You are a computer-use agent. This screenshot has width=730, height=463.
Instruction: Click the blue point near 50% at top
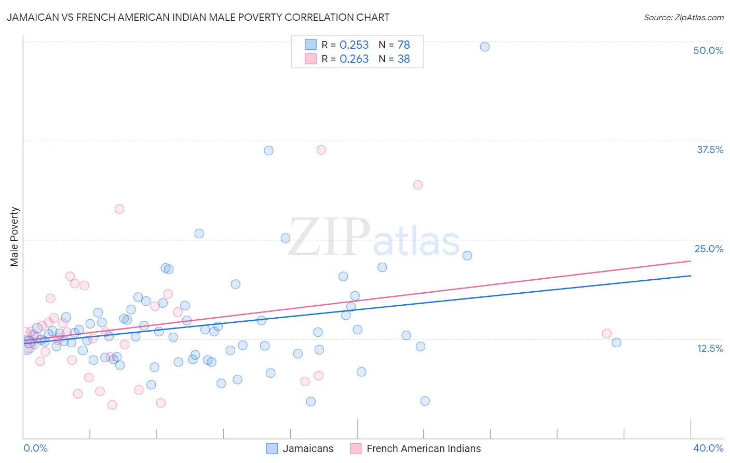pyautogui.click(x=484, y=47)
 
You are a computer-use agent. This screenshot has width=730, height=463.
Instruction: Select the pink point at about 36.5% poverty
pyautogui.click(x=321, y=150)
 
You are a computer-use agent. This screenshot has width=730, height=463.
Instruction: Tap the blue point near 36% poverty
pyautogui.click(x=268, y=151)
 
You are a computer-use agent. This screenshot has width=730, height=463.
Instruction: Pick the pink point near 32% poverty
pyautogui.click(x=418, y=185)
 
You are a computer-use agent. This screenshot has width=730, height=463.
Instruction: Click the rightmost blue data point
pyautogui.click(x=616, y=343)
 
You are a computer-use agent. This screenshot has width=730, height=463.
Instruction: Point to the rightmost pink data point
pyautogui.click(x=606, y=334)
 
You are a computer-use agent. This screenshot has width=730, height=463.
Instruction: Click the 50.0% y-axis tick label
pyautogui.click(x=708, y=50)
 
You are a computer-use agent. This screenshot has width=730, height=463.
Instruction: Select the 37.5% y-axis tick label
pyautogui.click(x=709, y=149)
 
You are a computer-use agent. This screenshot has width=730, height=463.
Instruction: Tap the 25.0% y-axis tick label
pyautogui.click(x=708, y=249)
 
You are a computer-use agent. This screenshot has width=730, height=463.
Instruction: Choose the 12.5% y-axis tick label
pyautogui.click(x=709, y=348)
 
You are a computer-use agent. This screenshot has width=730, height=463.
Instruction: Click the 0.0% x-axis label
pyautogui.click(x=35, y=448)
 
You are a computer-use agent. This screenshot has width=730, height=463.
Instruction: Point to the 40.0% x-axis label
pyautogui.click(x=708, y=448)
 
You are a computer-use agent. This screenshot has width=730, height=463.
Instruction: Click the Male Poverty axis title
pyautogui.click(x=15, y=237)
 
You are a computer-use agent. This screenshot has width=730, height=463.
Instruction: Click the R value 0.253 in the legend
pyautogui.click(x=354, y=45)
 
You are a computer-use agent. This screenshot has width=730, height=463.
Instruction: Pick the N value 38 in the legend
pyautogui.click(x=403, y=59)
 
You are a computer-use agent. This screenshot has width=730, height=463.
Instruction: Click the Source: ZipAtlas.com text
pyautogui.click(x=683, y=18)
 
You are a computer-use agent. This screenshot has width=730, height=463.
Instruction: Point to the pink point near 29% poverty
pyautogui.click(x=119, y=209)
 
